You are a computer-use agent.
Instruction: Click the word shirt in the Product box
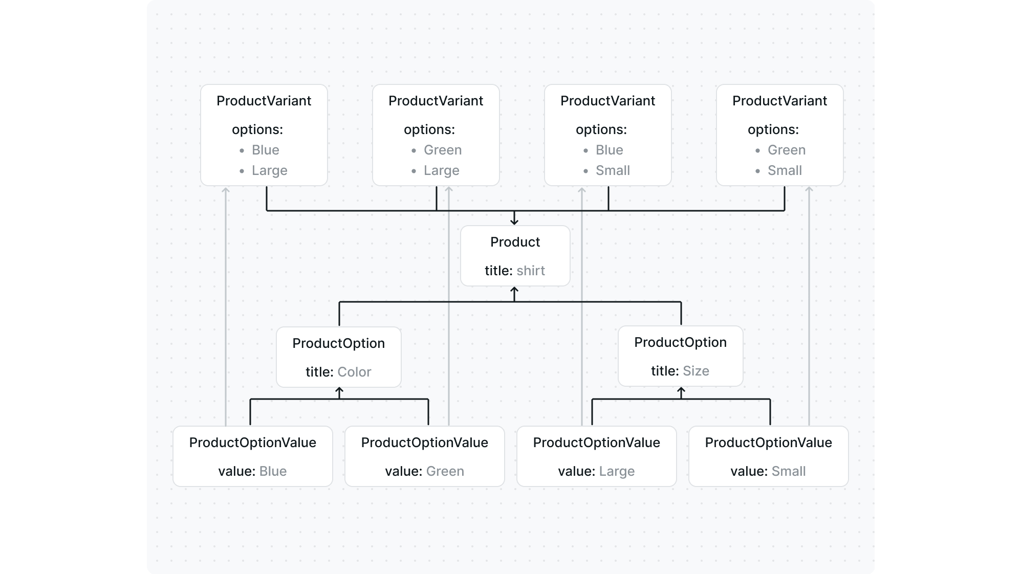point(530,271)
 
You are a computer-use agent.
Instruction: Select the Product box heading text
point(515,242)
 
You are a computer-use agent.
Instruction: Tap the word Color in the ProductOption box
point(354,372)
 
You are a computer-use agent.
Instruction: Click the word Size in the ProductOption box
point(696,371)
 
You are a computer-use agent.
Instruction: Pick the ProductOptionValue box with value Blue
point(252,456)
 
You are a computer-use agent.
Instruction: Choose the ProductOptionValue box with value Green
point(424,456)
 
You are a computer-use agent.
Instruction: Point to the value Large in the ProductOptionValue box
point(616,471)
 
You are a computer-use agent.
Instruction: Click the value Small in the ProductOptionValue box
point(788,471)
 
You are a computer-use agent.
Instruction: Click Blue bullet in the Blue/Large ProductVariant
point(265,150)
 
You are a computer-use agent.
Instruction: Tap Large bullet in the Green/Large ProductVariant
point(441,170)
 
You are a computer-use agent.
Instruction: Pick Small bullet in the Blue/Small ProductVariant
point(613,170)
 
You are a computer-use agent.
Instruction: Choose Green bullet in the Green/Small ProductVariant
point(786,150)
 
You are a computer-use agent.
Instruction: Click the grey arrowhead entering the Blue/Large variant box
point(226,190)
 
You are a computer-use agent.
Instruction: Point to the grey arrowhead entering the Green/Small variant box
point(809,190)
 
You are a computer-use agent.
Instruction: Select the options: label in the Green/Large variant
point(429,129)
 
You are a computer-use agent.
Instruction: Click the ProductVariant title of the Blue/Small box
point(607,101)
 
